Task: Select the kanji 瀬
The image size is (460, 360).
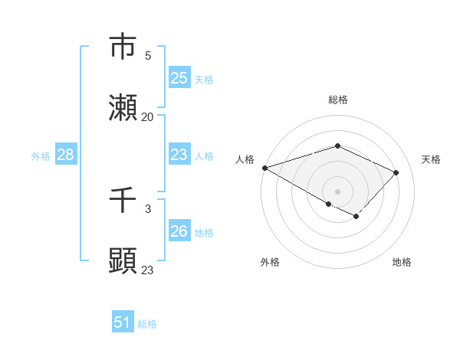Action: [123, 107]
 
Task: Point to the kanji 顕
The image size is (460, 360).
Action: [123, 261]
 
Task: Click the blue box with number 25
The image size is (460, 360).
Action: [179, 78]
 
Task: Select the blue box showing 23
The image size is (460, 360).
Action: [179, 155]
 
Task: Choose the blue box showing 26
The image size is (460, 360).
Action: [179, 231]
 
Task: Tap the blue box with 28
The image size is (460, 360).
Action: [65, 155]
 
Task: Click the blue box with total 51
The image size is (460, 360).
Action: [122, 322]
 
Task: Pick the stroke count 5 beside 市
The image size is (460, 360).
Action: [148, 55]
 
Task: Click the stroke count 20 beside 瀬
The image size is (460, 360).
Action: [148, 116]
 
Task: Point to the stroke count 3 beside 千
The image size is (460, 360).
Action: [148, 208]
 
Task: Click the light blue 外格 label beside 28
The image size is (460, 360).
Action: [41, 155]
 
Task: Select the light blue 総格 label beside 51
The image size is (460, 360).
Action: [147, 323]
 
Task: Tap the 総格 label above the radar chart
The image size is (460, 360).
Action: [337, 100]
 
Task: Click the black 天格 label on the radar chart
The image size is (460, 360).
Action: [431, 159]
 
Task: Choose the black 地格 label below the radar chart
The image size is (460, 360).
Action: [402, 262]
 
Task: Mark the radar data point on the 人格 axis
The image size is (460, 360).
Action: [264, 168]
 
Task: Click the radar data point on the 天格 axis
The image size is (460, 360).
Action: [396, 172]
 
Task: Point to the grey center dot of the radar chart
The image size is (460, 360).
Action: [337, 191]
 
